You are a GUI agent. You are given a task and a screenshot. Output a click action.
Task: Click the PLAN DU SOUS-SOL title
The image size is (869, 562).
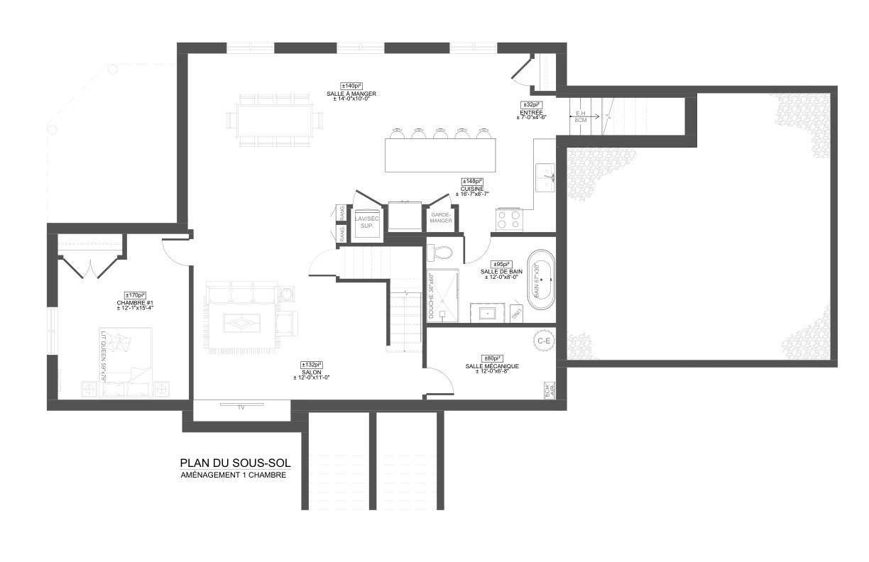235,463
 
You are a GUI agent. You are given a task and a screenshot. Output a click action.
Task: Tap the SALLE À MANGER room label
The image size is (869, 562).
351,94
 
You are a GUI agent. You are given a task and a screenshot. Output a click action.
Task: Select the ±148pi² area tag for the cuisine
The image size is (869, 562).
471,181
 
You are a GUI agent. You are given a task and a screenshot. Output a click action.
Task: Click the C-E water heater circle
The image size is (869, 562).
545,341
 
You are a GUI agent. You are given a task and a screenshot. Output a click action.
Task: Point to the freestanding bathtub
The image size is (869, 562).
541,280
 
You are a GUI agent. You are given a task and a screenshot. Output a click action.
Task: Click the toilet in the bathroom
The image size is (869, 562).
443,253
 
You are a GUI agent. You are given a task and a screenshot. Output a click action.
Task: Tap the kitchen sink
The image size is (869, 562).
545,177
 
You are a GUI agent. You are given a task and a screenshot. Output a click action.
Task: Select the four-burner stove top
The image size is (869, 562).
509,219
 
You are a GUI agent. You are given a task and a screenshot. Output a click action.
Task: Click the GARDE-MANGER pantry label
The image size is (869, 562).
441,218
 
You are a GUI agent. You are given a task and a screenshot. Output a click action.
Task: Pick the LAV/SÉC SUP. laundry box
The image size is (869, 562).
367,223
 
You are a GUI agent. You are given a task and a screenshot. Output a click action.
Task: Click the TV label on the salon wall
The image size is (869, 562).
241,408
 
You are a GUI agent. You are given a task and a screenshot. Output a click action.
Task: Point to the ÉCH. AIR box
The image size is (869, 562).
550,391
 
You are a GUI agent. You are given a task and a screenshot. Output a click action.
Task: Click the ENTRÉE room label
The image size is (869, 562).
531,112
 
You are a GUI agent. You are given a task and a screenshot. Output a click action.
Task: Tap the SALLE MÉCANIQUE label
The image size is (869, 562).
492,366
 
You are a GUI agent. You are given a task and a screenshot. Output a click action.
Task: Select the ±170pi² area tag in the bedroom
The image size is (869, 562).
135,295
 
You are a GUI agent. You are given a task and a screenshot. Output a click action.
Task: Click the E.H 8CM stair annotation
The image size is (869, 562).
581,116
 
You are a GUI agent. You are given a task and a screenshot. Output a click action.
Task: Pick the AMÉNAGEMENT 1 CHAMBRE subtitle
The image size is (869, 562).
234,475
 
